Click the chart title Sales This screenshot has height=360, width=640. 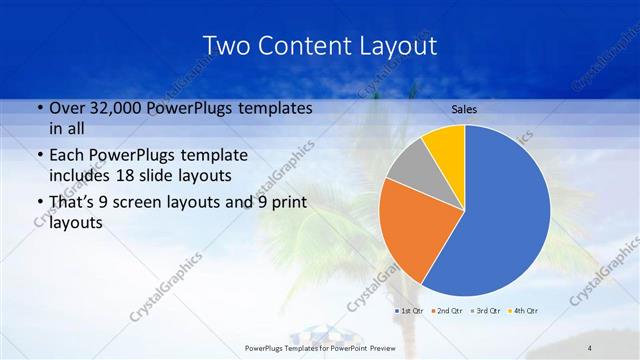click(x=463, y=108)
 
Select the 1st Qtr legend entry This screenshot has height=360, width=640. click(x=412, y=311)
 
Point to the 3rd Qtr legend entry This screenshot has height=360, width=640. click(x=487, y=311)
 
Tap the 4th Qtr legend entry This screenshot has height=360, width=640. click(x=525, y=311)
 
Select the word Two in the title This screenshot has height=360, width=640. click(x=228, y=46)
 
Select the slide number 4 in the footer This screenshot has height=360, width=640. click(x=590, y=347)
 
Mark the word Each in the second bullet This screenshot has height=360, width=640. click(x=66, y=156)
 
